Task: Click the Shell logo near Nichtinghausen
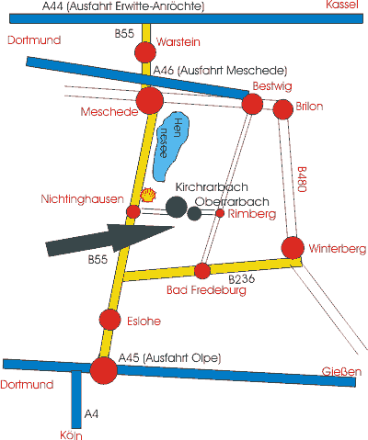tap(148, 195)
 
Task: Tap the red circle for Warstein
tap(145, 52)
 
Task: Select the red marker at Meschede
tap(150, 100)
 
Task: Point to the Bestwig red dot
tap(252, 104)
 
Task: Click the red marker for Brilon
tap(283, 109)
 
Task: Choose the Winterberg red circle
tap(293, 248)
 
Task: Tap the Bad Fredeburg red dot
tap(202, 271)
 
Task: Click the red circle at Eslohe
tap(110, 320)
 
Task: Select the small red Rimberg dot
tap(220, 213)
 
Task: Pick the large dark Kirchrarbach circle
tap(177, 207)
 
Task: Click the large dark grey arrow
tap(109, 240)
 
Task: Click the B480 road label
tap(302, 179)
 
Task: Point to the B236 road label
tap(242, 279)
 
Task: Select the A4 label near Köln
tap(91, 414)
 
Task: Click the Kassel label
tap(342, 5)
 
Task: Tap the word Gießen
tap(341, 372)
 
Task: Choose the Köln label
tap(71, 435)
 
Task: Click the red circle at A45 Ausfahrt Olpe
tap(104, 370)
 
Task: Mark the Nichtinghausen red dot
tap(133, 211)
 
